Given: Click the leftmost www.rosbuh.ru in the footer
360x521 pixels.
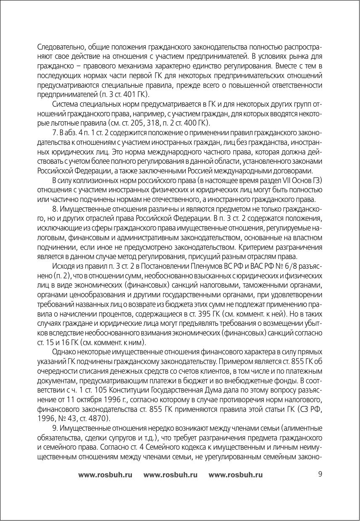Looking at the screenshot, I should point(105,475).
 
